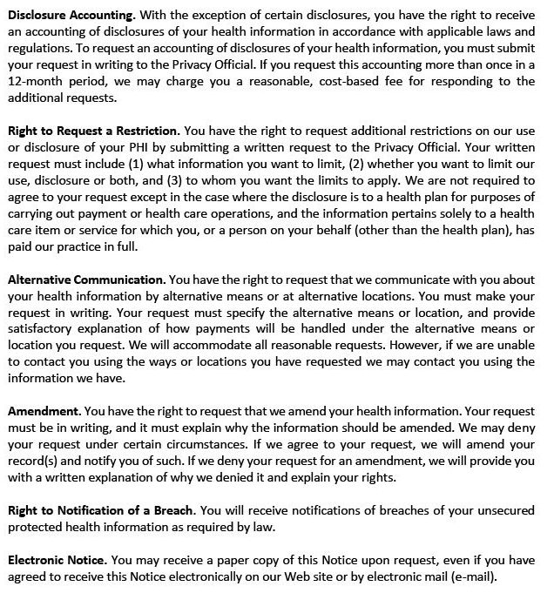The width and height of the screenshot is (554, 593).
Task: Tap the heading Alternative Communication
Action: [x=85, y=280]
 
